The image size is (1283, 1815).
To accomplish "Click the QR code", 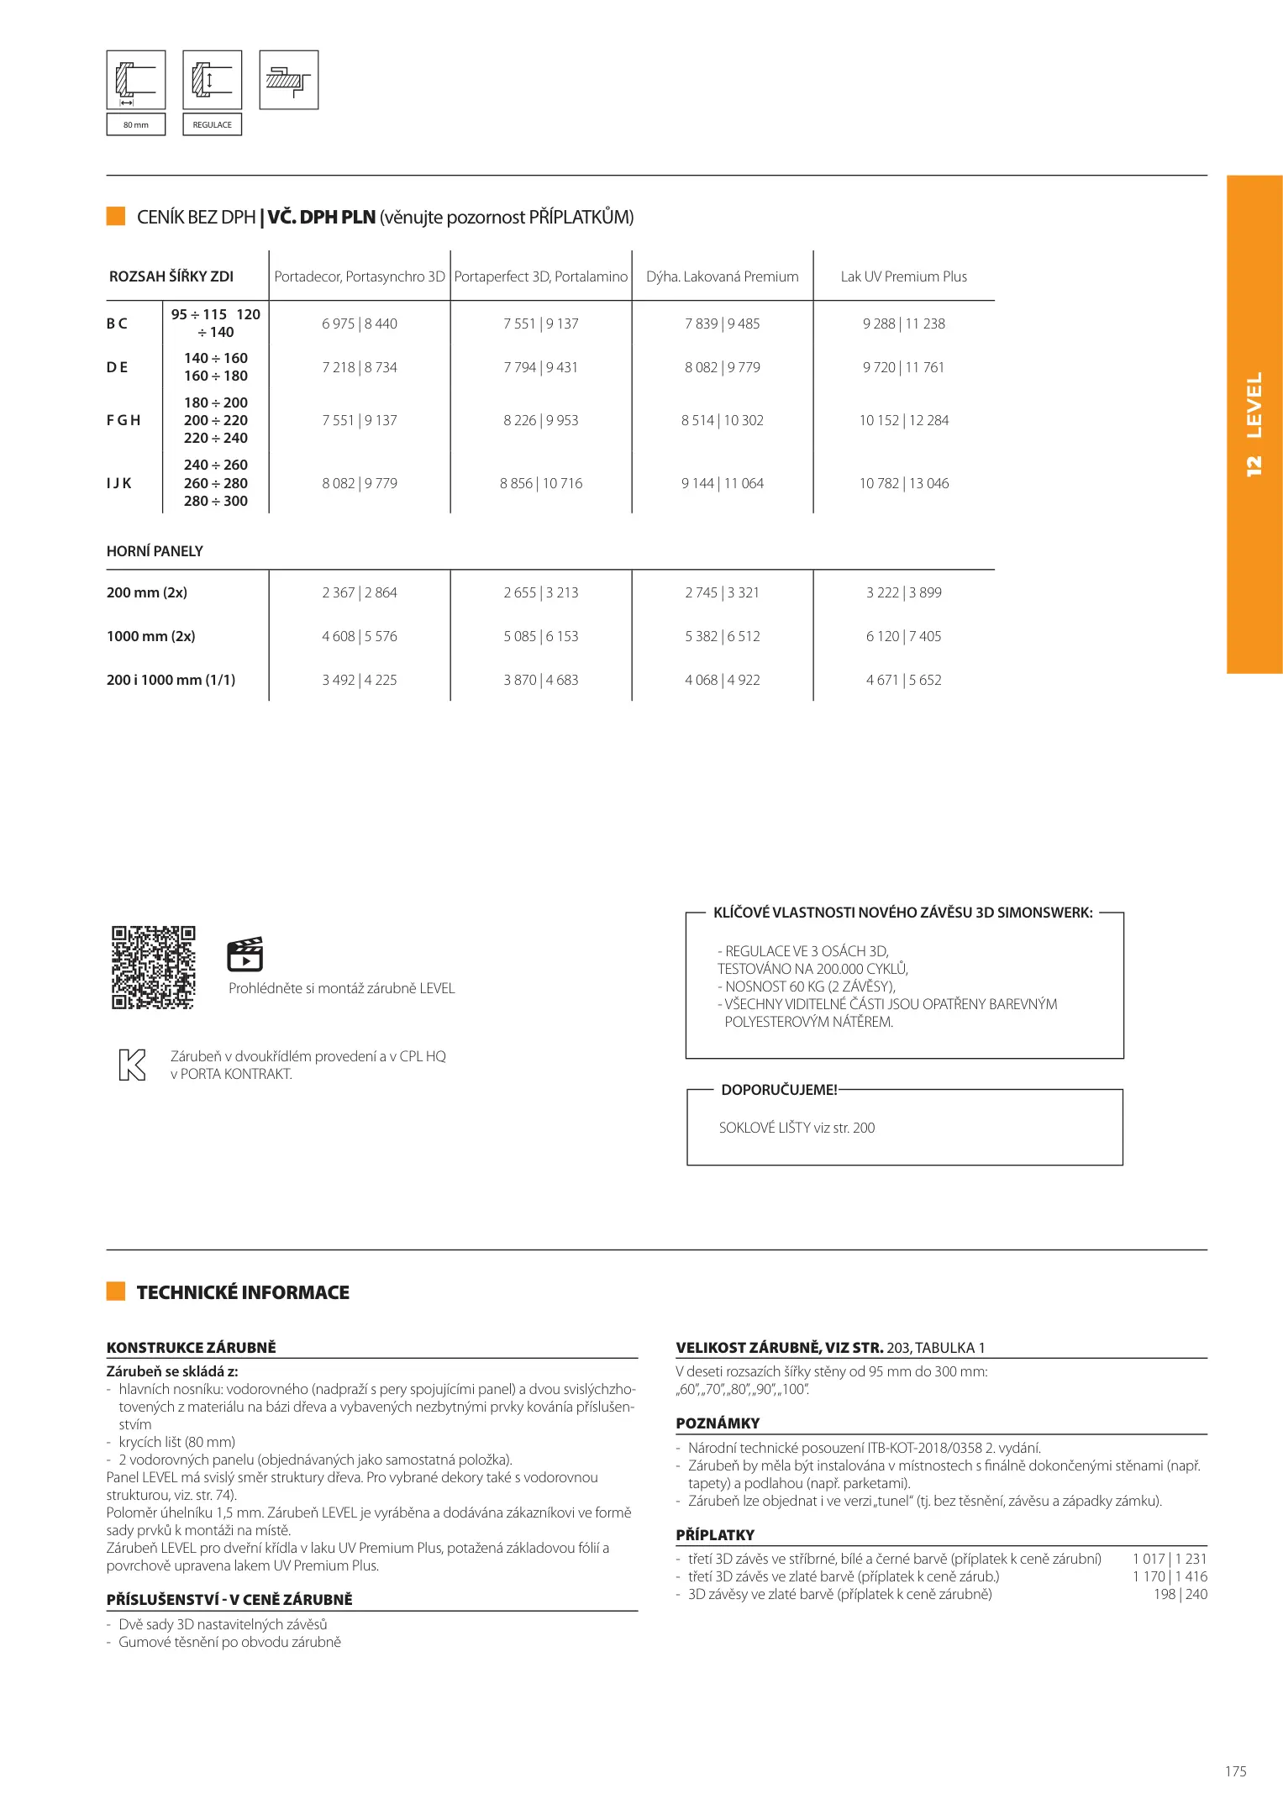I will click(154, 967).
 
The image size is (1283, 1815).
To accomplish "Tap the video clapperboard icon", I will click(245, 954).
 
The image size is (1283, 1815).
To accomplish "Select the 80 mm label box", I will click(136, 124).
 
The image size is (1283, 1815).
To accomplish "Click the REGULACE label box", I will click(213, 124).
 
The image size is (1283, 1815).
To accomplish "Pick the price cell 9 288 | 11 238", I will click(903, 324).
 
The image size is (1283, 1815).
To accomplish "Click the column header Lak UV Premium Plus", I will click(903, 276).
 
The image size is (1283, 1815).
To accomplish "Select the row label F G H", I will click(124, 420).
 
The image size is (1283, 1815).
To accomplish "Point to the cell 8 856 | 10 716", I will click(540, 483).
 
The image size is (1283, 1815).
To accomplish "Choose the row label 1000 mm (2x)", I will click(151, 636).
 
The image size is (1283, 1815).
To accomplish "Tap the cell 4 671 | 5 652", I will click(903, 680).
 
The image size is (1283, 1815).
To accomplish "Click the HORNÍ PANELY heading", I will click(155, 551).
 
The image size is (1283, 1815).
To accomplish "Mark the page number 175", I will click(1235, 1771).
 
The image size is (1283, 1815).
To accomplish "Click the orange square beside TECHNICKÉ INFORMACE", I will click(116, 1292).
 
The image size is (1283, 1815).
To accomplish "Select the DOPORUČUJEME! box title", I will click(779, 1090).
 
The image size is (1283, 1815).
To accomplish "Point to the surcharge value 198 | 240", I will click(1180, 1594).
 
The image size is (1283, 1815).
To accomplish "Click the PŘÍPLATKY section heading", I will click(715, 1534).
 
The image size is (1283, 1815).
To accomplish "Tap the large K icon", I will click(133, 1065).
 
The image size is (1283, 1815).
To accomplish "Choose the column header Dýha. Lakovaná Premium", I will click(722, 276).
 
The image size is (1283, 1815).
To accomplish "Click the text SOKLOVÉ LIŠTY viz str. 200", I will click(797, 1128).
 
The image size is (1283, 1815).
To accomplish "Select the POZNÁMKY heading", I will click(718, 1423).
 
